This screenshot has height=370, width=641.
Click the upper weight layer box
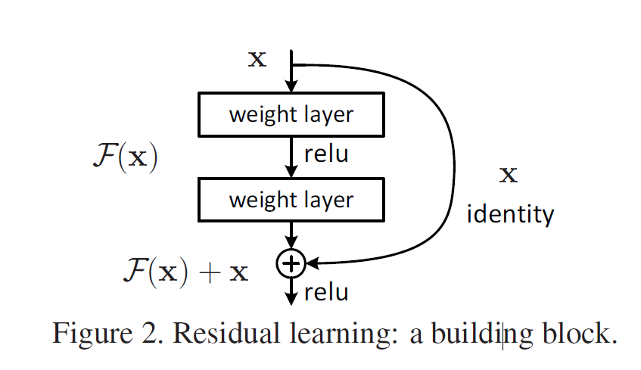(x=291, y=114)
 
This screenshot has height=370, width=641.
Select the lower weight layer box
(x=291, y=200)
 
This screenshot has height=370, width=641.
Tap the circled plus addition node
(x=291, y=263)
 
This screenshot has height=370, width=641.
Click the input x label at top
(x=258, y=59)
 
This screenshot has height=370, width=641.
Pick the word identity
(x=510, y=214)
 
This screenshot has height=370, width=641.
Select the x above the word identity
(x=509, y=176)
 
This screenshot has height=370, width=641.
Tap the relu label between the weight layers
(x=326, y=154)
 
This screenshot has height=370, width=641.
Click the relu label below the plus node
(x=326, y=291)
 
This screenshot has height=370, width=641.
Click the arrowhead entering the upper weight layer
(x=291, y=87)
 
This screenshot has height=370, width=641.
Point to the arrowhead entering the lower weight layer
(x=291, y=173)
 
